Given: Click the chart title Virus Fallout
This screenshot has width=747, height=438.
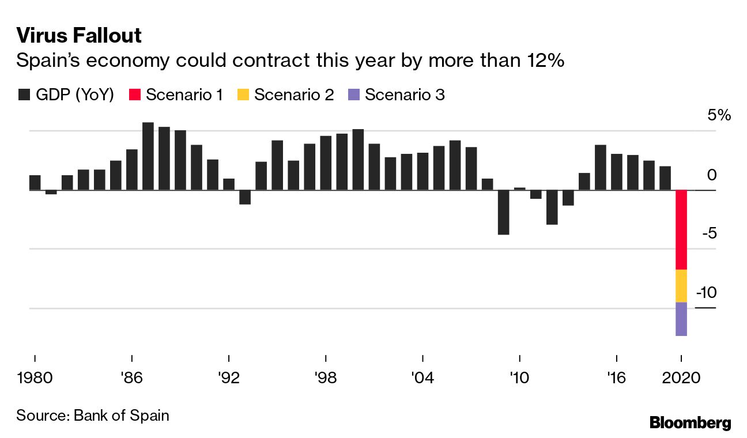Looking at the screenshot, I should tap(79, 36).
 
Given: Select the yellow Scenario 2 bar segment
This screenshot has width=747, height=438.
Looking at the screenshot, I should tap(681, 286).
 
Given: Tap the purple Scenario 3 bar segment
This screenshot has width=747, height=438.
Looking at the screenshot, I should tap(681, 319).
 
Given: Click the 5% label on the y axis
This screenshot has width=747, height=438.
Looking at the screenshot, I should tap(719, 115).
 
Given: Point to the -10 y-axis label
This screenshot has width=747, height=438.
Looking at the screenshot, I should tap(706, 293).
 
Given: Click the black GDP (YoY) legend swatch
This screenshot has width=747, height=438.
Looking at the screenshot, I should tap(24, 95).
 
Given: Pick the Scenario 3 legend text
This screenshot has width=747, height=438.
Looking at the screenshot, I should tap(405, 95).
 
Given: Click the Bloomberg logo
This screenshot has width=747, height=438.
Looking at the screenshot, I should tap(690, 422).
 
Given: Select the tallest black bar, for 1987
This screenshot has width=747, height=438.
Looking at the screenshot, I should tap(148, 156).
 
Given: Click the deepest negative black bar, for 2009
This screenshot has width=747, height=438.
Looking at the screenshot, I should tap(503, 212).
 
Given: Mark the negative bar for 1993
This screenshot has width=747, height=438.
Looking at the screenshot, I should tap(245, 197).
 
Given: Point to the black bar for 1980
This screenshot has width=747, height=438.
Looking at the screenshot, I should tap(35, 183).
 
